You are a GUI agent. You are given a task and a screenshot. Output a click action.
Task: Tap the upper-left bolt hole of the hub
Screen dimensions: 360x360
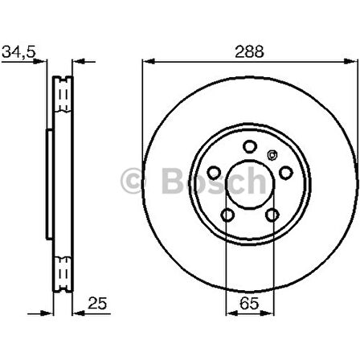point(214,171)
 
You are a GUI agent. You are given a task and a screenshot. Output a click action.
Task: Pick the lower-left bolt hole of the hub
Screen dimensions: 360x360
point(227,215)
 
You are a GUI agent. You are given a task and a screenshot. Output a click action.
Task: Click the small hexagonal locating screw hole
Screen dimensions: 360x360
point(272,155)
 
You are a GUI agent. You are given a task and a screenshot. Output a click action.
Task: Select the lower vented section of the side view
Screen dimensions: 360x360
point(63,273)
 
